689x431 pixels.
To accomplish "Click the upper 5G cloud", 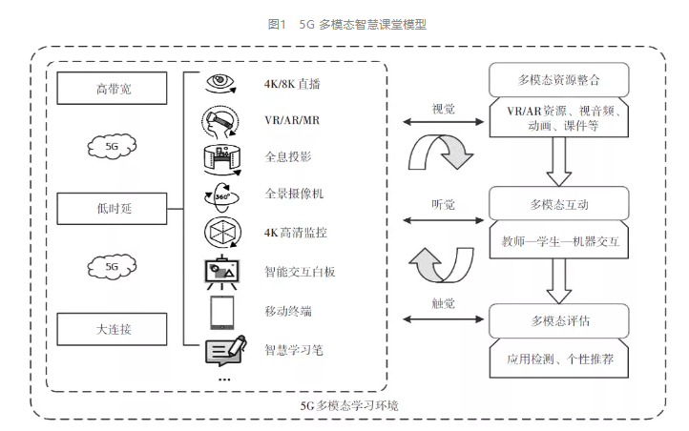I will [112, 147].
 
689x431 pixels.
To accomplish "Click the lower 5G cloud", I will [112, 268].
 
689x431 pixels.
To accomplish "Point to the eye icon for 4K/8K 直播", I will [221, 83].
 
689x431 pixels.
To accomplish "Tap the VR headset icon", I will [220, 121].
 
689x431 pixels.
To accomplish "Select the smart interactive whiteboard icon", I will [221, 272].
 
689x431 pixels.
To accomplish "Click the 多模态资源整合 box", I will [558, 78].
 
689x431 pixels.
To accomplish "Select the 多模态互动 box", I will [558, 204].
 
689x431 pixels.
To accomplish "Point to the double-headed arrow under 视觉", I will [443, 122].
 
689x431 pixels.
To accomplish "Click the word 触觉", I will [443, 303].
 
